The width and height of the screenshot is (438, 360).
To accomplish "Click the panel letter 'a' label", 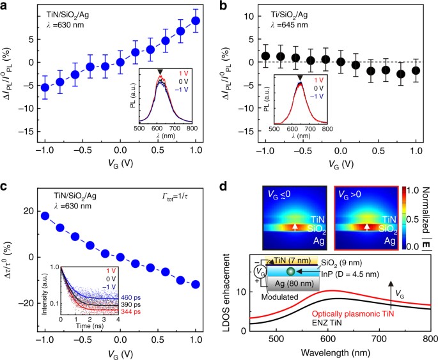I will [x=6, y=6].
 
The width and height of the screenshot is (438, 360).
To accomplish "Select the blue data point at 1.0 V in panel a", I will [x=196, y=21].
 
